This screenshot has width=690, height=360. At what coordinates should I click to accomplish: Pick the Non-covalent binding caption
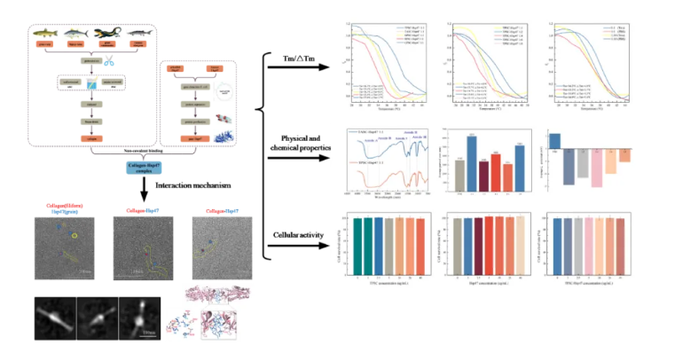click(x=131, y=152)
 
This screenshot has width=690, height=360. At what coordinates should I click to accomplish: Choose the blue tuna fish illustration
click(x=76, y=33)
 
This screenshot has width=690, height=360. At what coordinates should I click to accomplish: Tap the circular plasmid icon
click(x=225, y=91)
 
